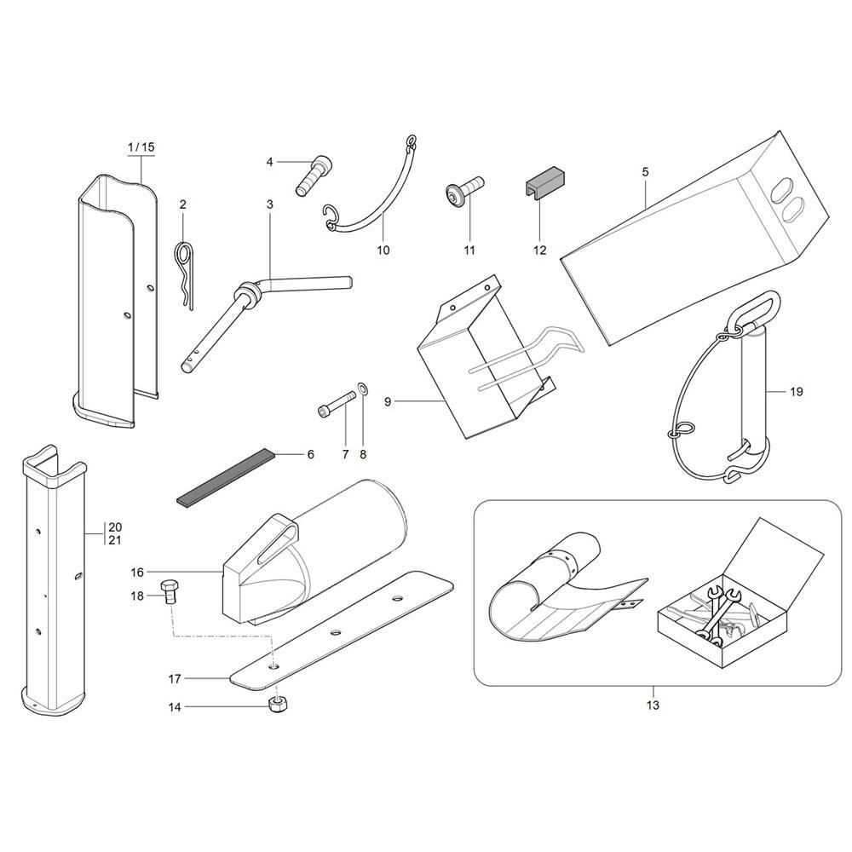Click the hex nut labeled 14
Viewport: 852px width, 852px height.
[279, 705]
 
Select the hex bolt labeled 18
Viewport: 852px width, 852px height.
[169, 593]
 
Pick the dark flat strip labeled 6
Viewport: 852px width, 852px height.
[227, 476]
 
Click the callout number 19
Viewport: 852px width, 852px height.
[796, 391]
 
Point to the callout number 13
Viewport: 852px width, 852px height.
[653, 705]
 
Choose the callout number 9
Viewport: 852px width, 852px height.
[388, 401]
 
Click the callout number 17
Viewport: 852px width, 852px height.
[175, 679]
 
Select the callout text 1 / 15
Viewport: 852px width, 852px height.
[141, 147]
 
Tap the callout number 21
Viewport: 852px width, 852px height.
[115, 540]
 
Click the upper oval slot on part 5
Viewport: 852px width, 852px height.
[781, 192]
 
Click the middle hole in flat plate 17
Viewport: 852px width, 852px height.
[336, 632]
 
